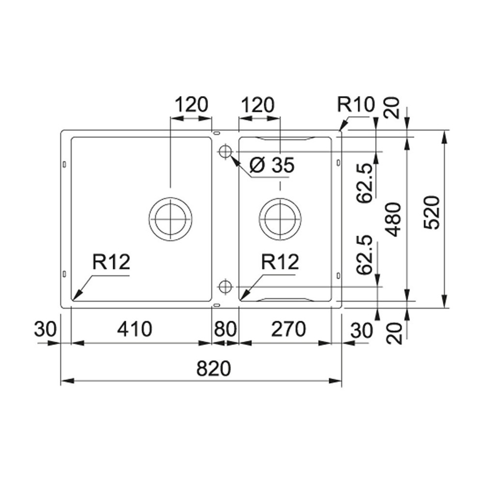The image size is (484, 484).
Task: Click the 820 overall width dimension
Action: coord(213,368)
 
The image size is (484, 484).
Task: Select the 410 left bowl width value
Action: coord(135,329)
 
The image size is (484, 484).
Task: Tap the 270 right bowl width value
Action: coord(288,329)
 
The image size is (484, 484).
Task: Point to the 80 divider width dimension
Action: coord(226,329)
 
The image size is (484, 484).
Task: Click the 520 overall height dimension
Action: coord(431,212)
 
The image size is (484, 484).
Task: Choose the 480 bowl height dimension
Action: coord(394,219)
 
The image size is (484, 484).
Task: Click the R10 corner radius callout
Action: coord(356,105)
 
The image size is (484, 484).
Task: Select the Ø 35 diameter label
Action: coord(272,165)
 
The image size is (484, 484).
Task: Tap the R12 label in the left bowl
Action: coord(111,262)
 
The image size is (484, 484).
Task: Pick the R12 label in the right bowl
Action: coord(280,262)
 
